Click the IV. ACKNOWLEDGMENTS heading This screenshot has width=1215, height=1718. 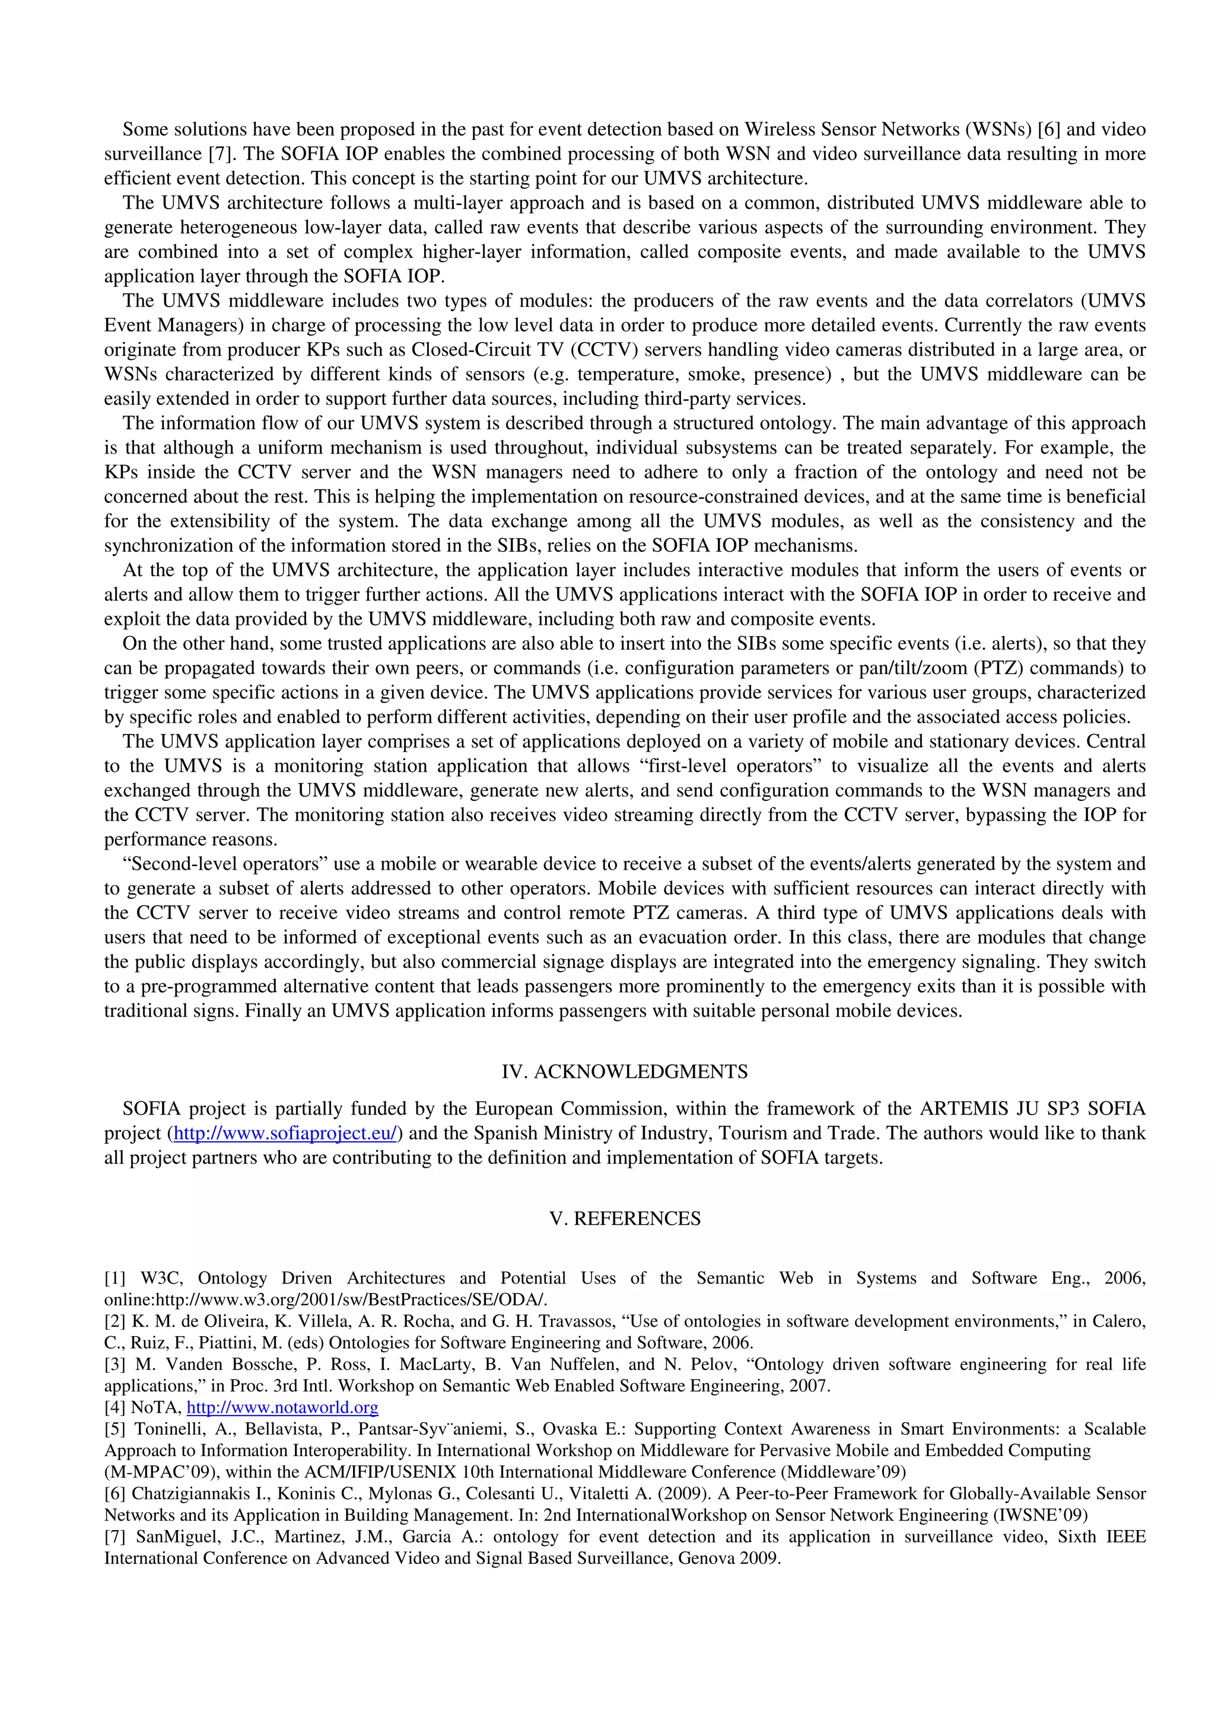[x=624, y=1071]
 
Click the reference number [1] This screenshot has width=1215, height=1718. [x=114, y=1278]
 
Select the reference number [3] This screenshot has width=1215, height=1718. [x=114, y=1364]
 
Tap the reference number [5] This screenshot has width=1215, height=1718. [x=114, y=1429]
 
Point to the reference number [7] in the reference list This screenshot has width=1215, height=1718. [x=114, y=1537]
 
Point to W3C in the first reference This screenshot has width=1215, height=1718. [x=157, y=1278]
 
